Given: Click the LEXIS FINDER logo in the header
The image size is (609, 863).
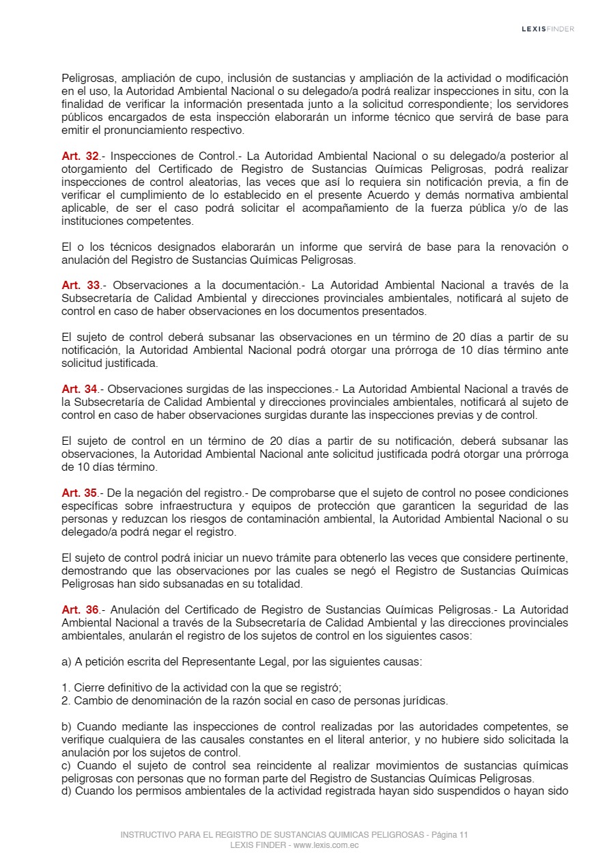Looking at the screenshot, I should tap(548, 29).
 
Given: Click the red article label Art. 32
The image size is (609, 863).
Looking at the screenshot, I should tap(81, 156).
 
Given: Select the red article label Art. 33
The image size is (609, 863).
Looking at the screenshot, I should tap(81, 285).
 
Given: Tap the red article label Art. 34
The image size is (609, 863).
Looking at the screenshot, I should tap(81, 389).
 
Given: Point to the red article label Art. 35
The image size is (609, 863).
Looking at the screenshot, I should tap(81, 493).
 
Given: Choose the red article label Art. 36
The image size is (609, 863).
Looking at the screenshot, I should tap(81, 609).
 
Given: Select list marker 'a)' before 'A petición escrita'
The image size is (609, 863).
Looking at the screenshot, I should tap(66, 661).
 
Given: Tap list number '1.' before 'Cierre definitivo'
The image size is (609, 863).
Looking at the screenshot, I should tap(66, 687).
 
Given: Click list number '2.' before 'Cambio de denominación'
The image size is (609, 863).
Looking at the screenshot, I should tap(66, 700).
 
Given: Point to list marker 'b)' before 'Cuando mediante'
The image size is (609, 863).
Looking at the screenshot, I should tap(66, 726).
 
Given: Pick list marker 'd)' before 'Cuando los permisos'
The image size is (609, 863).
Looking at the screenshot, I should tap(66, 791).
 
